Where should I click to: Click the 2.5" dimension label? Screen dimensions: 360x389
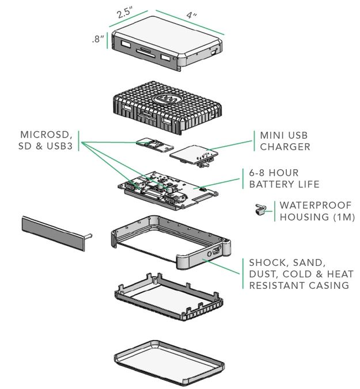pyautogui.click(x=125, y=13)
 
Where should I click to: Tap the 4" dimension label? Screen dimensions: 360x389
pyautogui.click(x=191, y=15)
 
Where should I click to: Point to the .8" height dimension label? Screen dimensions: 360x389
pyautogui.click(x=98, y=39)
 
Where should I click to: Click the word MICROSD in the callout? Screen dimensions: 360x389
pyautogui.click(x=46, y=135)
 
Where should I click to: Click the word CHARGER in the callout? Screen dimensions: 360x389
pyautogui.click(x=285, y=147)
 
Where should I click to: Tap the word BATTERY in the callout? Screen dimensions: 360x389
pyautogui.click(x=268, y=184)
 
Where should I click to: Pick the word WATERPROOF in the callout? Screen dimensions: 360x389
pyautogui.click(x=316, y=205)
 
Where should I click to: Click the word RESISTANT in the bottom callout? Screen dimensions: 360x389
pyautogui.click(x=277, y=285)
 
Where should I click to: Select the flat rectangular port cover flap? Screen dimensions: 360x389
pyautogui.click(x=54, y=232)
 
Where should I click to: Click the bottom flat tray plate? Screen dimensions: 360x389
pyautogui.click(x=169, y=362)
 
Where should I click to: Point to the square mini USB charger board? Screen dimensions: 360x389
pyautogui.click(x=194, y=154)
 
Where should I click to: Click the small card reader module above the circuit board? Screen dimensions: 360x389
pyautogui.click(x=155, y=144)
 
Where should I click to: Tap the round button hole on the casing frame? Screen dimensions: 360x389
pyautogui.click(x=209, y=254)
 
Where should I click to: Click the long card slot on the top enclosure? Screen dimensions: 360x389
pyautogui.click(x=146, y=54)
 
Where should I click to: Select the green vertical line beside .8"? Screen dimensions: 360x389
pyautogui.click(x=107, y=40)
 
